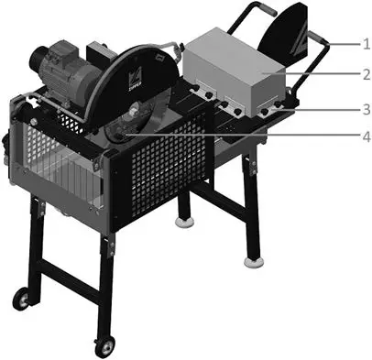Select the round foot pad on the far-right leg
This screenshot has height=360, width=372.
[253, 262]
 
